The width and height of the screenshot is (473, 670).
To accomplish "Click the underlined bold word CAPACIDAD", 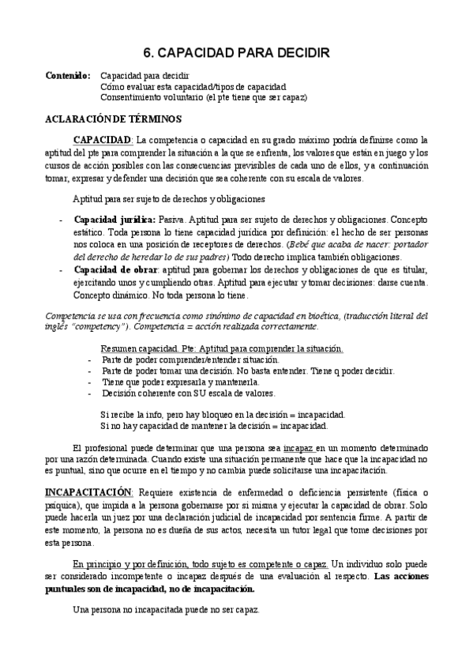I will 103,140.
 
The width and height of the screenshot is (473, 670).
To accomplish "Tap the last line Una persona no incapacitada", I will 154,611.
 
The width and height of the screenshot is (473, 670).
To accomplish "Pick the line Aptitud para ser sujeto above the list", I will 169,198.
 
